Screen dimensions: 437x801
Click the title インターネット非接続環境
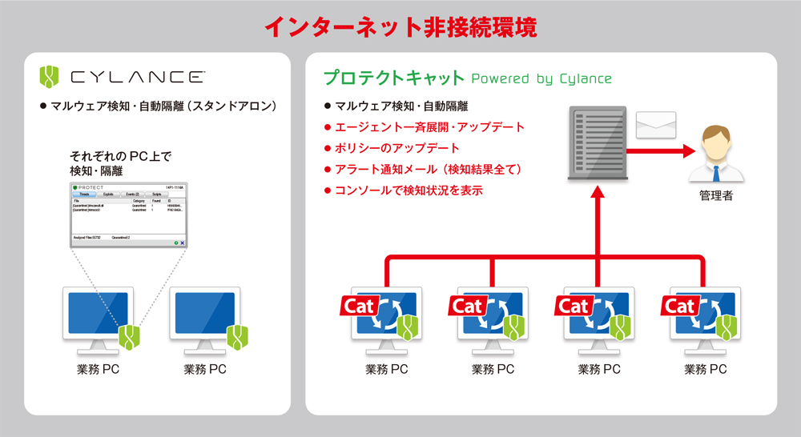[x=400, y=26]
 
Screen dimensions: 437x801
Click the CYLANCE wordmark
[x=137, y=78]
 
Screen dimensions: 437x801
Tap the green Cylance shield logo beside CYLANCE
[x=50, y=77]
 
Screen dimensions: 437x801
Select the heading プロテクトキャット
[x=393, y=78]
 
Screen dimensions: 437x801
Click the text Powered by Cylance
[x=541, y=78]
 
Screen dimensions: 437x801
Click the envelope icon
[x=656, y=126]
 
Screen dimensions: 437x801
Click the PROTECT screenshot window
[x=128, y=214]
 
